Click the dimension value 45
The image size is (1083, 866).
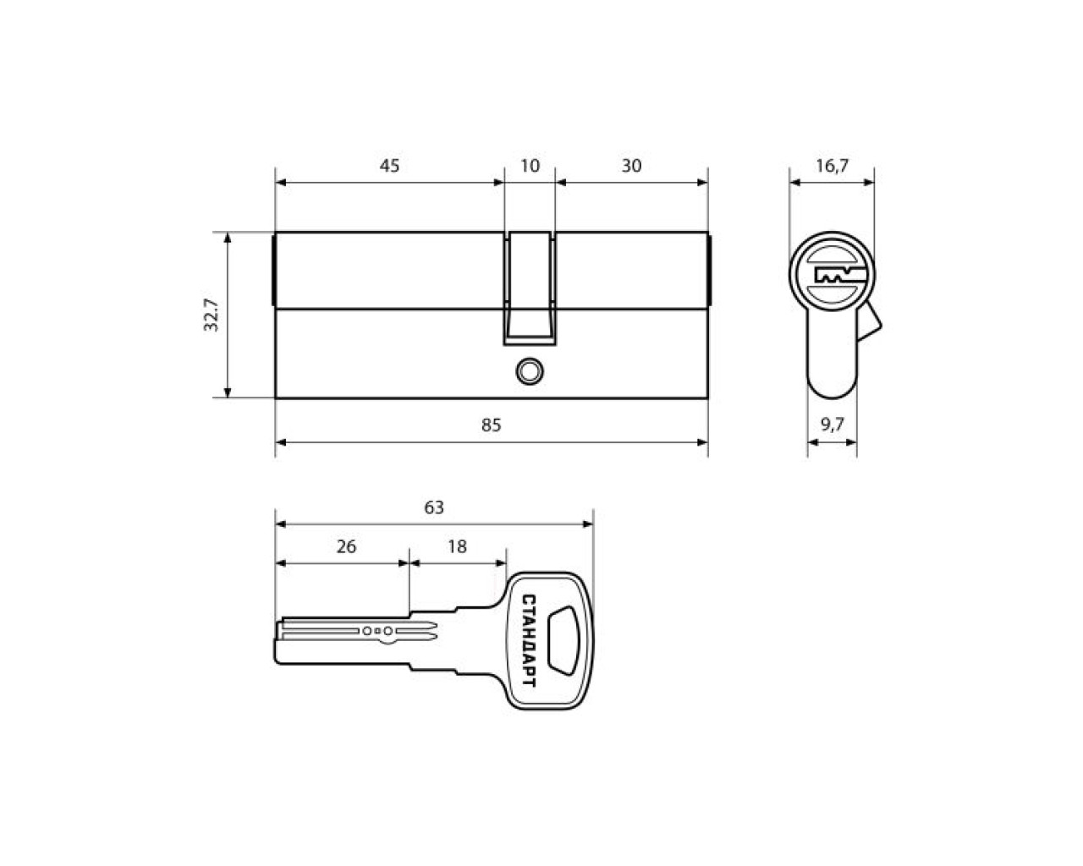click(389, 166)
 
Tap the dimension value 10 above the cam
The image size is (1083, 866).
click(530, 166)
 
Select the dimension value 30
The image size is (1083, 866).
click(631, 166)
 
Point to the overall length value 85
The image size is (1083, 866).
click(492, 425)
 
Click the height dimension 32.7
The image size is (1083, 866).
click(212, 315)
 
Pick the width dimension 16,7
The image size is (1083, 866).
click(832, 166)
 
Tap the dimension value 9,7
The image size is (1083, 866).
click(832, 425)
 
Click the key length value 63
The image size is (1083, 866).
click(434, 507)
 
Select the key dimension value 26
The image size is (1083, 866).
click(346, 546)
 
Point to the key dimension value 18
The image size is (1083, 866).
click(457, 546)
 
